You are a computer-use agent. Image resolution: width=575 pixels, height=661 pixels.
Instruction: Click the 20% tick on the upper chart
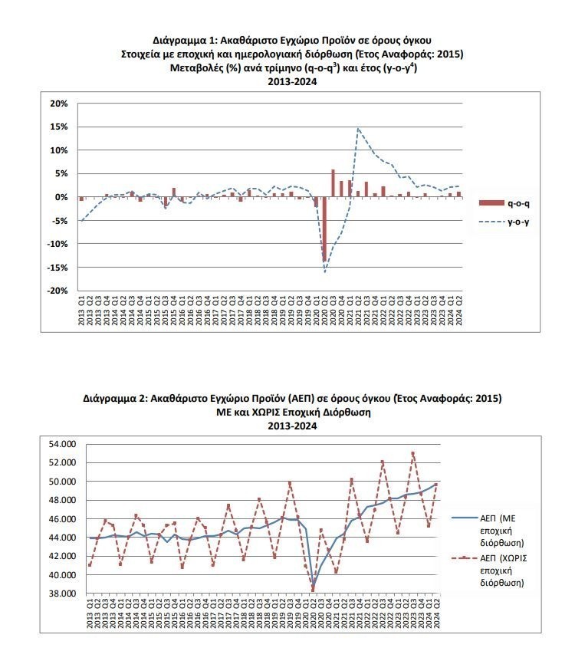(58, 104)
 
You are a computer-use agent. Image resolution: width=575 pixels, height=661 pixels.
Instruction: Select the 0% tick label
(62, 197)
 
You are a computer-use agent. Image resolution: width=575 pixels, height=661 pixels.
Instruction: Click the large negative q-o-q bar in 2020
(324, 229)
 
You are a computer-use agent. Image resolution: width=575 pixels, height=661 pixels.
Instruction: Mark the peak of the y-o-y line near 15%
(358, 129)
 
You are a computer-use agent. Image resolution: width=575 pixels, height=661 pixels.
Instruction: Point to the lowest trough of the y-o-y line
(324, 272)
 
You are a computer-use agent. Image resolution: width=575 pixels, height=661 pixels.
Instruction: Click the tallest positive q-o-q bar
(333, 183)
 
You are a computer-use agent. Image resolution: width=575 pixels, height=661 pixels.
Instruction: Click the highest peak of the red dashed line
(413, 452)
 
